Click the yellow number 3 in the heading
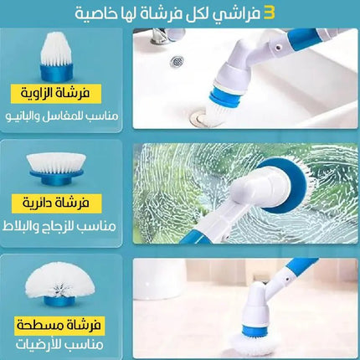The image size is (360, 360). [x=270, y=13]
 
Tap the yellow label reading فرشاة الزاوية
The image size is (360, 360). [x=56, y=93]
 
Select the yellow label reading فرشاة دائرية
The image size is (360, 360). [x=56, y=203]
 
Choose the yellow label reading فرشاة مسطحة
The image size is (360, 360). [x=59, y=326]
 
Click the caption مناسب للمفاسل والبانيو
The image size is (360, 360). [x=62, y=116]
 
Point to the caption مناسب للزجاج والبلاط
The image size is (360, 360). [x=59, y=226]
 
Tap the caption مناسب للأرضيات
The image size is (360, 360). [x=59, y=345]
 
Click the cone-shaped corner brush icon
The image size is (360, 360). [x=57, y=57]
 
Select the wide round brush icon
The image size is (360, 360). [x=55, y=169]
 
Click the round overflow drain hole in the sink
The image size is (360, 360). [x=177, y=61]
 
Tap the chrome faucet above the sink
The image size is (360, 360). [x=162, y=36]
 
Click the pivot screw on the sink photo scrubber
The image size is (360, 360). [x=278, y=48]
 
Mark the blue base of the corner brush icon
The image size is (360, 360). [x=57, y=73]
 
